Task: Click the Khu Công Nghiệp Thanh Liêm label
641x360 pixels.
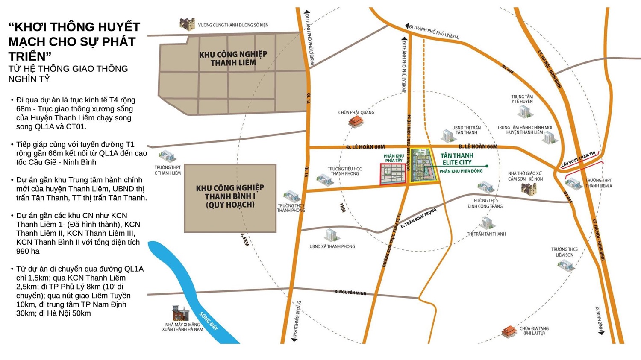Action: click(233, 59)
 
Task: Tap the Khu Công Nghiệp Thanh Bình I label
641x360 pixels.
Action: click(230, 196)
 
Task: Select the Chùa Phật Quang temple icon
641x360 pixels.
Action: click(356, 122)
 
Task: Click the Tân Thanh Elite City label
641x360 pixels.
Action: click(457, 159)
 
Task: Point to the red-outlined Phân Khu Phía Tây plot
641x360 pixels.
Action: click(393, 174)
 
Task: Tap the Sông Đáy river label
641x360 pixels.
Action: click(208, 321)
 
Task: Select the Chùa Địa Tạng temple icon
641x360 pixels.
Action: click(509, 331)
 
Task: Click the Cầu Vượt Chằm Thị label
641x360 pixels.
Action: click(578, 159)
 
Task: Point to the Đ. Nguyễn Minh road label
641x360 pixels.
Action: click(350, 293)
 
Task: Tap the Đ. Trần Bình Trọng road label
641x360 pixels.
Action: click(418, 218)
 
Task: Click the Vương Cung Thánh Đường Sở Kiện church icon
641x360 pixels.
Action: click(187, 24)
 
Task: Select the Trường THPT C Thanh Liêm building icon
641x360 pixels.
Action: click(167, 157)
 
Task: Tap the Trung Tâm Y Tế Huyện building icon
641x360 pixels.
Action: click(524, 112)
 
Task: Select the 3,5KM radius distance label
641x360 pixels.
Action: click(244, 239)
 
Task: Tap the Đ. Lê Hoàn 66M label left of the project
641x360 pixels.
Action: click(365, 147)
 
